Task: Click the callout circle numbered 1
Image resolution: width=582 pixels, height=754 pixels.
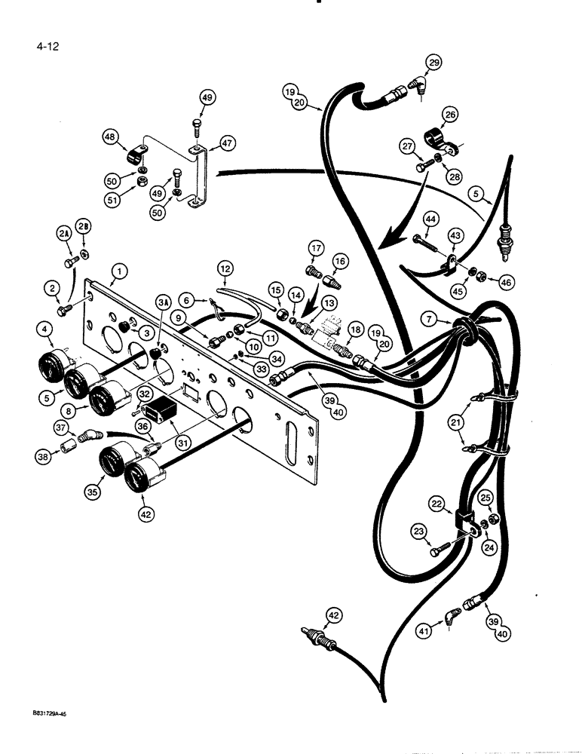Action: click(x=117, y=270)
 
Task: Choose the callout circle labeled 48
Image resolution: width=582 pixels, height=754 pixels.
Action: click(x=112, y=136)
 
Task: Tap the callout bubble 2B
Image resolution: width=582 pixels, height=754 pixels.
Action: click(x=84, y=226)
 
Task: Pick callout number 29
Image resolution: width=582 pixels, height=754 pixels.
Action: click(x=433, y=63)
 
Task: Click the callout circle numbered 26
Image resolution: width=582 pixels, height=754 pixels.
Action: click(x=450, y=115)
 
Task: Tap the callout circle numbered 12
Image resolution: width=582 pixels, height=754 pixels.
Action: click(x=227, y=267)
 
